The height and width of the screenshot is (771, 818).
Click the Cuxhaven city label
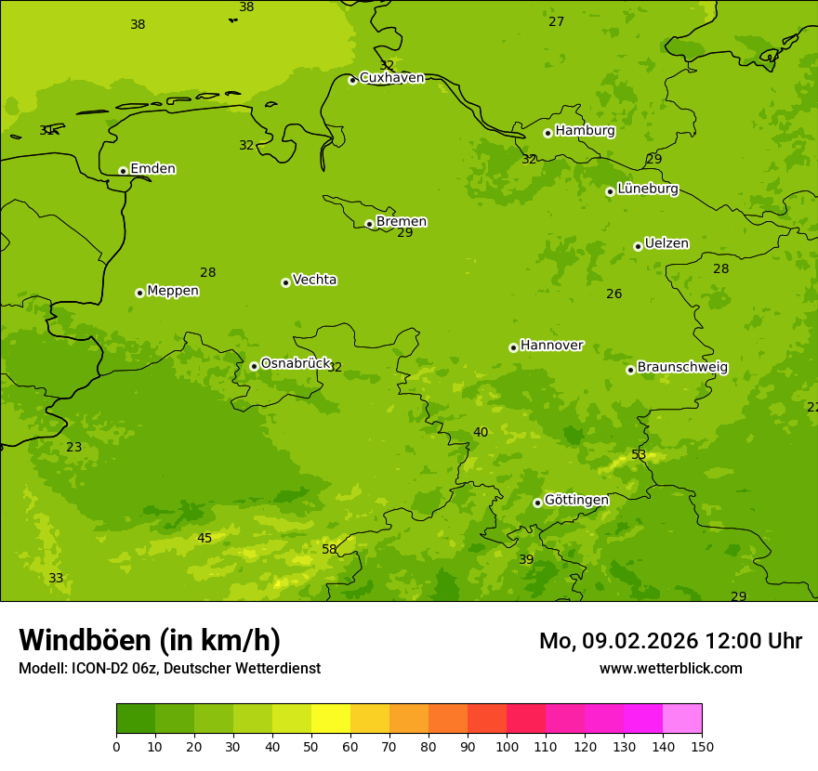point(391,78)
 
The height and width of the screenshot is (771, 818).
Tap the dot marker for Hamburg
point(548,133)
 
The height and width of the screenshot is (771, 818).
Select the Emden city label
point(152,169)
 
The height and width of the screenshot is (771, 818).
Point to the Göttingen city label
point(576,501)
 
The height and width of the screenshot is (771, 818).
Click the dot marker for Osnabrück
point(254,366)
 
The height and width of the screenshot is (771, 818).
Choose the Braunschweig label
point(682,368)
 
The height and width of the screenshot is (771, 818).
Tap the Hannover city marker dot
point(513,347)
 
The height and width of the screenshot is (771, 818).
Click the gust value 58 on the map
point(329,550)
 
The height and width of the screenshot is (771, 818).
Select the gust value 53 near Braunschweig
point(639,455)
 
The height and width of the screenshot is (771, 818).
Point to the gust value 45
point(204,539)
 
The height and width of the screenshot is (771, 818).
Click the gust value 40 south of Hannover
point(481,433)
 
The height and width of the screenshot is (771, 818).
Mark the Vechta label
point(314,280)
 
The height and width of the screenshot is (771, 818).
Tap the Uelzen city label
point(666,244)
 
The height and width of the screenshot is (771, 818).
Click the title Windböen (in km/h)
point(150,640)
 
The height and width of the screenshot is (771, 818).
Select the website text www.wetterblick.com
point(670,669)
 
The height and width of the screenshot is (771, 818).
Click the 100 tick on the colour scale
point(507,746)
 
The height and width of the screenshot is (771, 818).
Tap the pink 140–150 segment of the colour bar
point(682,719)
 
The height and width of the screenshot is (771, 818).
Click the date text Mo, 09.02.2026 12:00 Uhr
point(670,641)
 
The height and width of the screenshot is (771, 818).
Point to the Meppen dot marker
point(139,293)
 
